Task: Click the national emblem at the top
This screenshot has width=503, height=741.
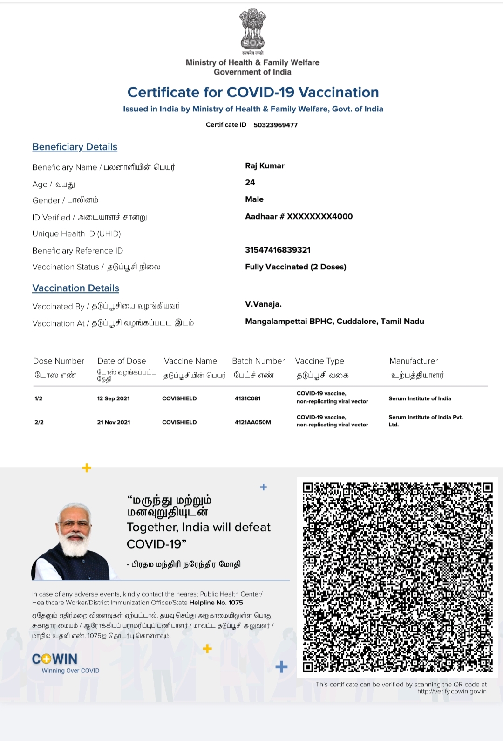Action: pos(252,29)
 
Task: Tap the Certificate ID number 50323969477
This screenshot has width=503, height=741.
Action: pos(275,125)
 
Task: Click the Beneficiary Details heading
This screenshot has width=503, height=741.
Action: pos(75,147)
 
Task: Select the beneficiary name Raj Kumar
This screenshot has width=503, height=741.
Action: pos(265,166)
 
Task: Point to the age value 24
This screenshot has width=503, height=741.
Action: pos(250,183)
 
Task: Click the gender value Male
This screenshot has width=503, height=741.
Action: pos(254,199)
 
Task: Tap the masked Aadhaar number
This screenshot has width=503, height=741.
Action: pos(299,216)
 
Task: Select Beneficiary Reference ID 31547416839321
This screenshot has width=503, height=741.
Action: pos(278,250)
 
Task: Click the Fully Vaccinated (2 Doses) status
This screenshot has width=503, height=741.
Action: pos(295,267)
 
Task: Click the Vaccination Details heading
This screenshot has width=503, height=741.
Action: pos(75,288)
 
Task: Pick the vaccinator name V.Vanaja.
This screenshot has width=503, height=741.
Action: pos(263,304)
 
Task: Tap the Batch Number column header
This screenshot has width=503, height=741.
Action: pos(258,361)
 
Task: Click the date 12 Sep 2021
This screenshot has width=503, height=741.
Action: pos(113,398)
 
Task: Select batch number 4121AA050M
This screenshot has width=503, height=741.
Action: pos(252,422)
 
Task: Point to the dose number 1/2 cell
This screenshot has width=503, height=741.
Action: pos(38,398)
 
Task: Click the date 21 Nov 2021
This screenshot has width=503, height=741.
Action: pos(113,422)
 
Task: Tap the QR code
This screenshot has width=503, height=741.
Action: pos(397,577)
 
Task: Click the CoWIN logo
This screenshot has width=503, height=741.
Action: pos(55,659)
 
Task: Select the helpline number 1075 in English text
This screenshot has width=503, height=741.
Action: pos(236,603)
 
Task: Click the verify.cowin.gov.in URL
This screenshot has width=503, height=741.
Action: pos(452,692)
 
